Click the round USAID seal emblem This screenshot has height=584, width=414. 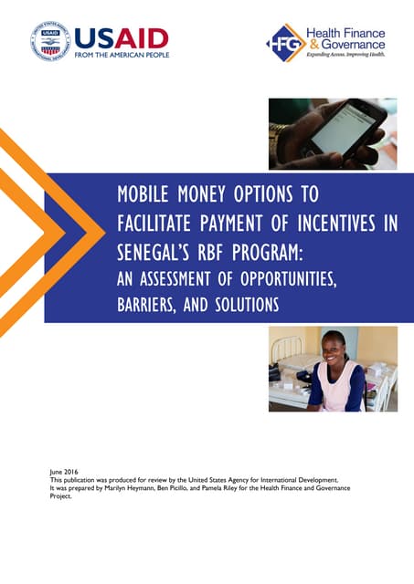(x=49, y=41)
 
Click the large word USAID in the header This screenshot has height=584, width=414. (x=121, y=37)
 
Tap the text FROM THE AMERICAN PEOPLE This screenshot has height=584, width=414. (x=122, y=56)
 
